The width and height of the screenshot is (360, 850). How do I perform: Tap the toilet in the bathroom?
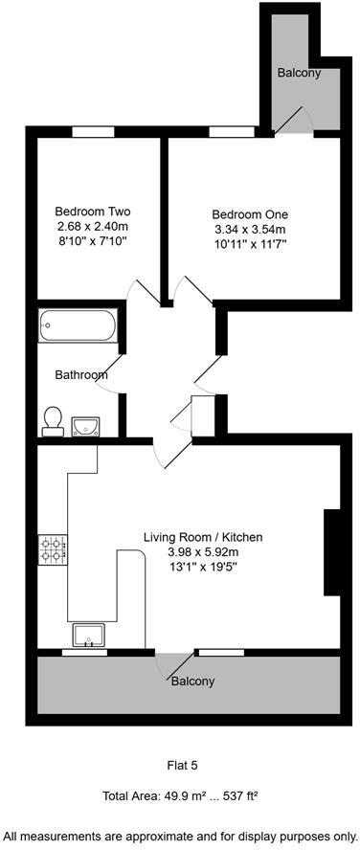54,420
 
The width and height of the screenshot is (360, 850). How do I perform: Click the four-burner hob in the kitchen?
52,548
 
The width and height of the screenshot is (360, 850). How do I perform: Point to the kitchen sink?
91,635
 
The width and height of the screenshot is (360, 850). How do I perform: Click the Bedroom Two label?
92,212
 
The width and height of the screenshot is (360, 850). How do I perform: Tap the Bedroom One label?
249,214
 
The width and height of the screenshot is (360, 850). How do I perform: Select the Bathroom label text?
80,375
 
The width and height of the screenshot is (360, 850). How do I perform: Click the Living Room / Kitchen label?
203,537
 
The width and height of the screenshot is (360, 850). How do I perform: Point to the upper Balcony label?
299,73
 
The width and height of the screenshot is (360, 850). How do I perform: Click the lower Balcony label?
191,682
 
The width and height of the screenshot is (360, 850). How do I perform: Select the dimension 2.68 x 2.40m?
92,226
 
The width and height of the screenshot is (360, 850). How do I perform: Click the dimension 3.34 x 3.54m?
249,229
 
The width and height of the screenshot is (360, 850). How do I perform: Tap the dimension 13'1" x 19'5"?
203,567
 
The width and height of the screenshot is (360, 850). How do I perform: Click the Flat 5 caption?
180,765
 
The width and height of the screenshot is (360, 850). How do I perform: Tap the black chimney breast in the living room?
332,552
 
